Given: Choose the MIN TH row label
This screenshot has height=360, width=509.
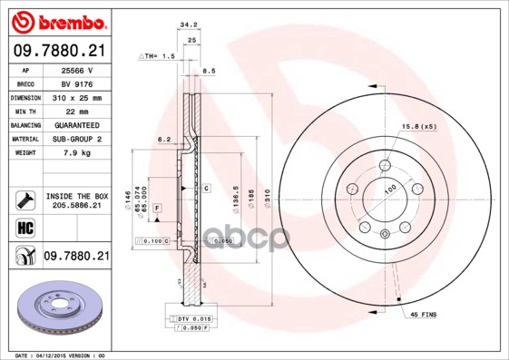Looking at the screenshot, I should point(24,111).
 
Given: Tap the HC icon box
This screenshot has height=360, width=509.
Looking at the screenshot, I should point(24,227).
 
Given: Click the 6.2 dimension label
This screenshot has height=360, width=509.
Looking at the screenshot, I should point(164,140).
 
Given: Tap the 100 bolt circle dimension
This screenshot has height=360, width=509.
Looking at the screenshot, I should point(391,189).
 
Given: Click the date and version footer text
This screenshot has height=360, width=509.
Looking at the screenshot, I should point(61,355).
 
